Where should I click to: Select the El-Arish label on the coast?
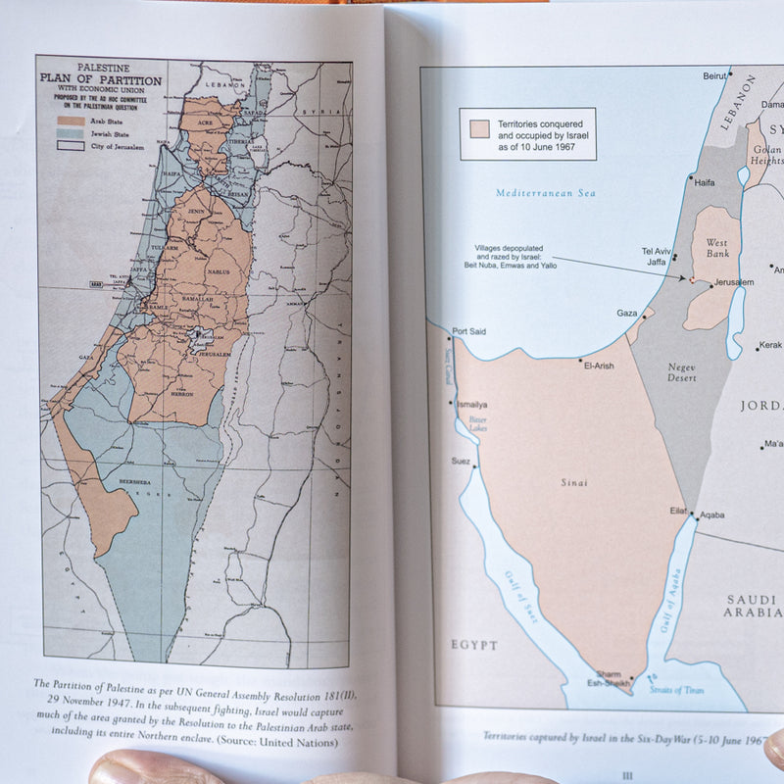pyautogui.click(x=598, y=366)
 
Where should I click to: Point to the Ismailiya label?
pyautogui.click(x=471, y=405)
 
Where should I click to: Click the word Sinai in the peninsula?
pyautogui.click(x=575, y=483)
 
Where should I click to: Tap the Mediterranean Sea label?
pyautogui.click(x=545, y=193)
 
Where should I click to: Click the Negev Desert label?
pyautogui.click(x=682, y=370)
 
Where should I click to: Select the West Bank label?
pyautogui.click(x=718, y=247)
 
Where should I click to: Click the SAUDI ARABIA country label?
pyautogui.click(x=754, y=606)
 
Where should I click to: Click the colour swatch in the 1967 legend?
pyautogui.click(x=479, y=129)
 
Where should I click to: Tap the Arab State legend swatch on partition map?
pyautogui.click(x=67, y=122)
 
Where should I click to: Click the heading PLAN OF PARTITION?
pyautogui.click(x=98, y=81)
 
